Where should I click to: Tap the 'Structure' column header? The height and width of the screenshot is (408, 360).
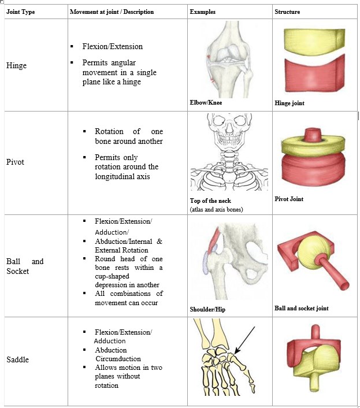click(x=287, y=12)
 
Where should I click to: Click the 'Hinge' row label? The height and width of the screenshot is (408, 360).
click(x=17, y=66)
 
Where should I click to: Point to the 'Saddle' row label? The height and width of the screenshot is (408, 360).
click(x=18, y=360)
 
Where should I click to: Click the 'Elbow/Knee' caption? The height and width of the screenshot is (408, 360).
click(x=206, y=103)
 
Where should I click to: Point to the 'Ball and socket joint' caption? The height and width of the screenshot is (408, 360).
click(x=302, y=308)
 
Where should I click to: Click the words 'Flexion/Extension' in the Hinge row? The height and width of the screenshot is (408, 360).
click(x=113, y=46)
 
